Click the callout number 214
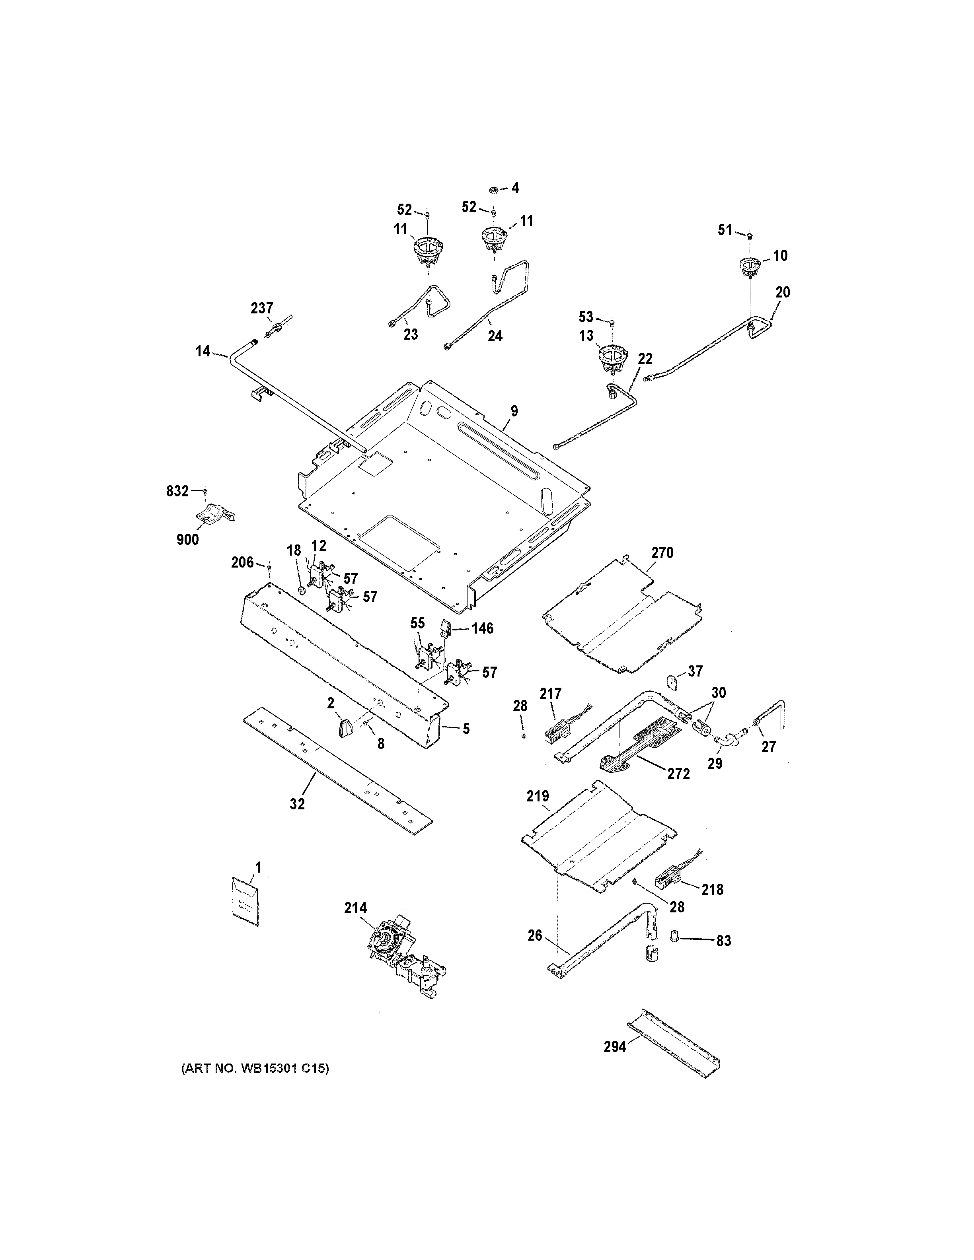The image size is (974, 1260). tap(355, 908)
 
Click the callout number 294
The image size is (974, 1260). tap(615, 1063)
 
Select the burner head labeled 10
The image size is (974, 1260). tap(749, 266)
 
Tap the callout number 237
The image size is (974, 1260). tap(261, 308)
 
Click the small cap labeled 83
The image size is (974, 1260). tap(673, 935)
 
